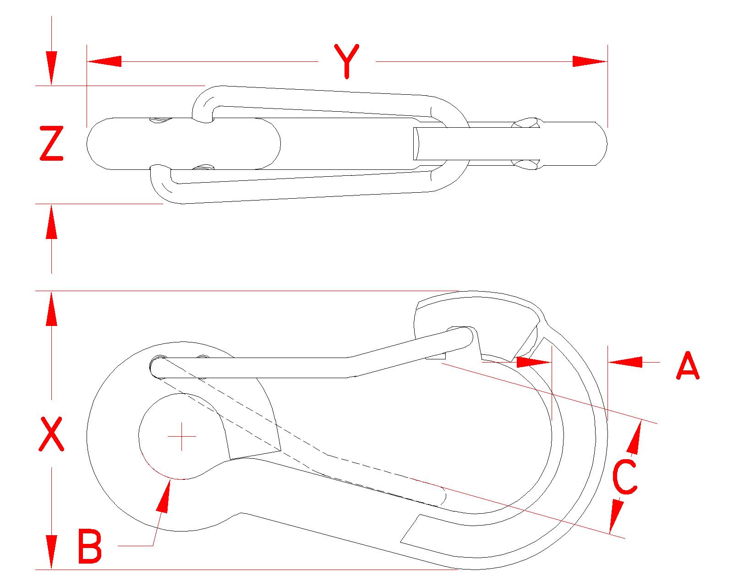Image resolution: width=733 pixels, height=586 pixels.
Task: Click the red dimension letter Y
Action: coord(347,61)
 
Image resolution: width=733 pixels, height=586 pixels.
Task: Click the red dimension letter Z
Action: coord(51,144)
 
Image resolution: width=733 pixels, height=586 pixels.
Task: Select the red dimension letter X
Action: coord(51,434)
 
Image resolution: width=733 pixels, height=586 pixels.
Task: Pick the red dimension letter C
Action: coord(625,477)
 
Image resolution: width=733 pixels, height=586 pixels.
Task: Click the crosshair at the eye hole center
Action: coord(182,436)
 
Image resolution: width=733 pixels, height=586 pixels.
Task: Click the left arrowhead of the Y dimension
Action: coord(104,61)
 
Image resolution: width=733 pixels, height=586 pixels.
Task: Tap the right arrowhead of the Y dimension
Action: coord(590,61)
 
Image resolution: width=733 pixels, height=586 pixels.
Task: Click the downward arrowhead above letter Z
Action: coord(52,69)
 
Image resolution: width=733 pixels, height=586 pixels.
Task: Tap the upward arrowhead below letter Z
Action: coord(52,222)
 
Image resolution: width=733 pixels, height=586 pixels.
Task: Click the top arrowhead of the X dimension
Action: coord(52,309)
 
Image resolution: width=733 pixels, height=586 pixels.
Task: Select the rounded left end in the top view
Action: coord(96,143)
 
